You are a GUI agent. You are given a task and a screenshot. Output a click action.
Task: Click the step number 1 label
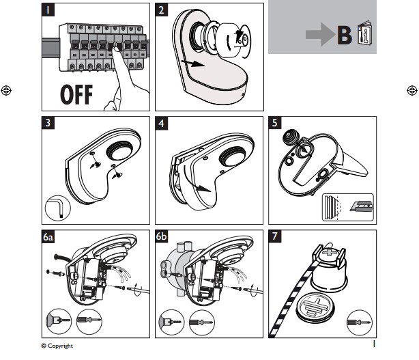(49, 10)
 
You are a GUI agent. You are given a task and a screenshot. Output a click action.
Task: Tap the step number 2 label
(162, 10)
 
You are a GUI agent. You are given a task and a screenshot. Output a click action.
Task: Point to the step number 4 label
(162, 124)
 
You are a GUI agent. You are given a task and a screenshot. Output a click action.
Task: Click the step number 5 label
(274, 124)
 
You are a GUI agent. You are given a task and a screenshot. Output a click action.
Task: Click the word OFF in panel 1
(72, 95)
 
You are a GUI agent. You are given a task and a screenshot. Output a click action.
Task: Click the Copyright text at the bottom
(57, 346)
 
